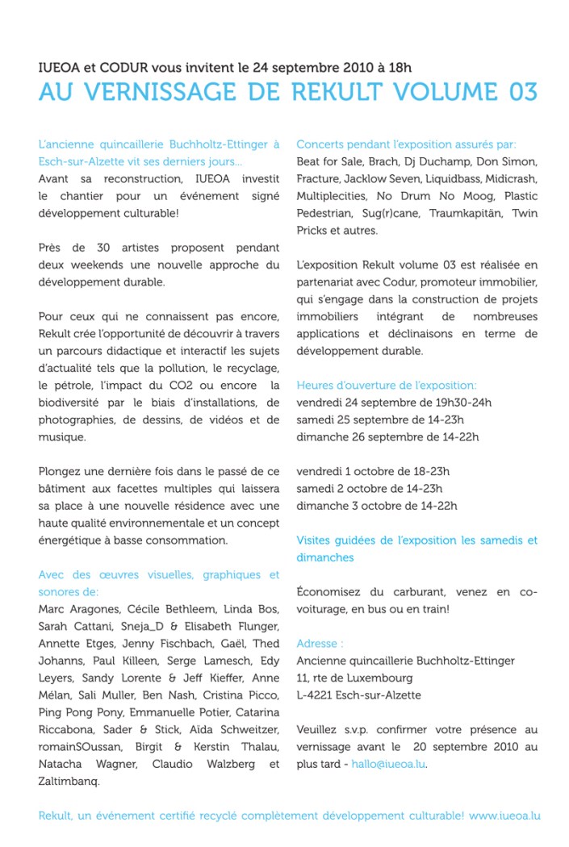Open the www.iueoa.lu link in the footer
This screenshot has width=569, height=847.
pos(504,816)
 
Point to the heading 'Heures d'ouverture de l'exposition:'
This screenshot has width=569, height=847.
pos(386,385)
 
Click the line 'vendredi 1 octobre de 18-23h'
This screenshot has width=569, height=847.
pos(373,471)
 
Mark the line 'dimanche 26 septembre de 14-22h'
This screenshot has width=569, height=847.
pos(387,436)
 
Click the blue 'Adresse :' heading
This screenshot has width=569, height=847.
pos(320,643)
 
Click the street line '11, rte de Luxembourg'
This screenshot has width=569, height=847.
pos(354,678)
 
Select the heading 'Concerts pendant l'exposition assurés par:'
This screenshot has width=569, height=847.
pos(406,144)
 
